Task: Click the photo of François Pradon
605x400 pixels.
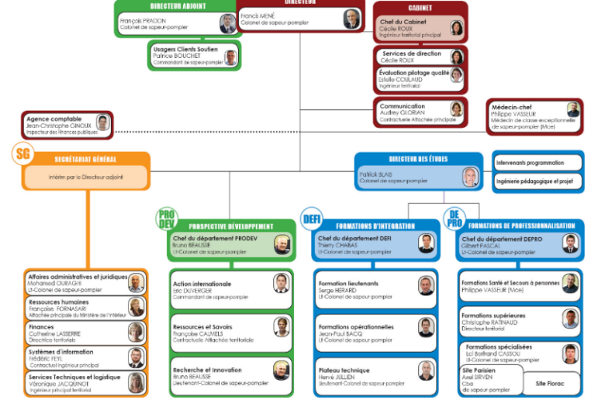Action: coord(227,23)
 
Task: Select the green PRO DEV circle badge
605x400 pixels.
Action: coord(168,218)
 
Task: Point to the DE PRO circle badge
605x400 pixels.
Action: coord(454,218)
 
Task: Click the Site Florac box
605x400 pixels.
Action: coord(550,382)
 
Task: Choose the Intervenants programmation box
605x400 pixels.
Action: coord(538,162)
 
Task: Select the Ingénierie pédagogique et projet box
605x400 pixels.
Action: coord(538,181)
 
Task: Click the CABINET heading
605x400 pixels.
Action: coord(420,8)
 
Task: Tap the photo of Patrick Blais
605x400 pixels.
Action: coord(471,178)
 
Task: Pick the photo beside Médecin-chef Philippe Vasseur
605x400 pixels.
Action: coord(572,109)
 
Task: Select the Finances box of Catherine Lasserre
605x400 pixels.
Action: coord(85,333)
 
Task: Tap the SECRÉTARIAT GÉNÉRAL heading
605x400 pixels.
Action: coord(86,160)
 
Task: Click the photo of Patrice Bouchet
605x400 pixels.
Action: coord(230,57)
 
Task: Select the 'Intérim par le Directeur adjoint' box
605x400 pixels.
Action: coord(85,178)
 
